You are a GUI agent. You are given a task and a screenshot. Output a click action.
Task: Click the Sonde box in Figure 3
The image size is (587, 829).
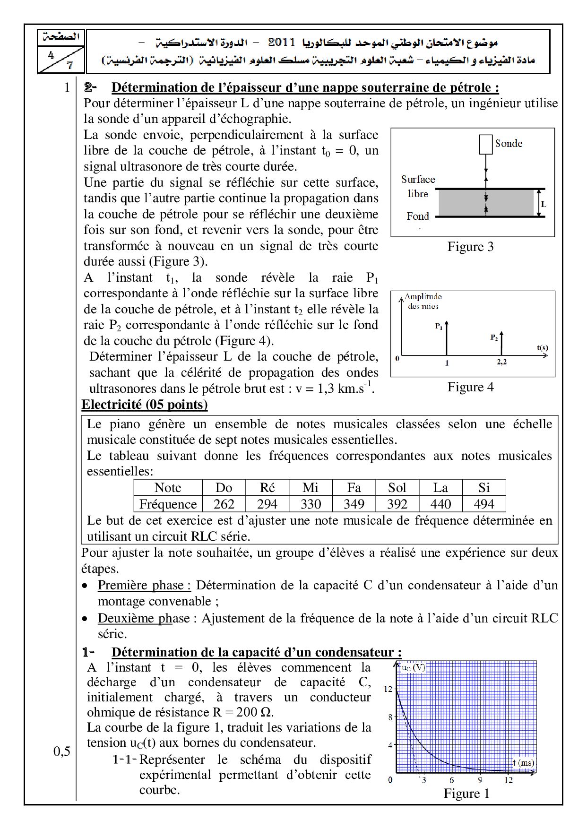[486, 145]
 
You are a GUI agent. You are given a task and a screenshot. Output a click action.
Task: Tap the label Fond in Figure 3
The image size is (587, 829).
[418, 216]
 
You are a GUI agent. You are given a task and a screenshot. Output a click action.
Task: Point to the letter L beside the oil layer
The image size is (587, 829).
[544, 204]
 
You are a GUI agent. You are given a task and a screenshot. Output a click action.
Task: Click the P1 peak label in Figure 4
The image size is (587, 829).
[439, 326]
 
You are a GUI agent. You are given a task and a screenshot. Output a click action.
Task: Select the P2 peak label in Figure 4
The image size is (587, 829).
[494, 337]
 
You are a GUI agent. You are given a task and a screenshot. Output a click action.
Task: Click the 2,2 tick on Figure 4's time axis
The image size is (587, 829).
[502, 363]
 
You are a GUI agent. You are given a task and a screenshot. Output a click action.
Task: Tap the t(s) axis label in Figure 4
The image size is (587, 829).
[542, 348]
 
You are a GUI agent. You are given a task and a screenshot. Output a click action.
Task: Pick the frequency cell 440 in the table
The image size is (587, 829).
[440, 504]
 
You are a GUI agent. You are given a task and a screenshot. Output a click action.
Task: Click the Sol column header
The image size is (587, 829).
[397, 488]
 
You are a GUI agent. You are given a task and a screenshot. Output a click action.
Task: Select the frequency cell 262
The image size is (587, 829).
[224, 504]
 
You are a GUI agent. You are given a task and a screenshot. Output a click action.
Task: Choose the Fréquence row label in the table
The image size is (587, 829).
[168, 504]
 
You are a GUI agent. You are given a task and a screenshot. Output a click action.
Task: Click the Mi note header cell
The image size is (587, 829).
[311, 488]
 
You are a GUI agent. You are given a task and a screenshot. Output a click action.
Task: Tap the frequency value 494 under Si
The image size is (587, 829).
[484, 504]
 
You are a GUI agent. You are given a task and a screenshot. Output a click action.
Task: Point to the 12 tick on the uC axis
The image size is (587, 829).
[388, 689]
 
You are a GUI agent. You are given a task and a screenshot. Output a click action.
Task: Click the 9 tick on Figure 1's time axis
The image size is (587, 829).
[480, 780]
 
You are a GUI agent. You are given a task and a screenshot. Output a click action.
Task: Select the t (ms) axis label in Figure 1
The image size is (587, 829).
[524, 762]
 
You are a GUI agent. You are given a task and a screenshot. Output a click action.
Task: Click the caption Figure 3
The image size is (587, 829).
[470, 247]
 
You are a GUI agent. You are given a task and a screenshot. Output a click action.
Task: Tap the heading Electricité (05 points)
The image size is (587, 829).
[145, 405]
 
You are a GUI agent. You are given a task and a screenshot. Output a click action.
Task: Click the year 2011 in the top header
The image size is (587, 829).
[282, 43]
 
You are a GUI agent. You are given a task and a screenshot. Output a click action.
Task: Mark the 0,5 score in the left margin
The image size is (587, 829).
[61, 751]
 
